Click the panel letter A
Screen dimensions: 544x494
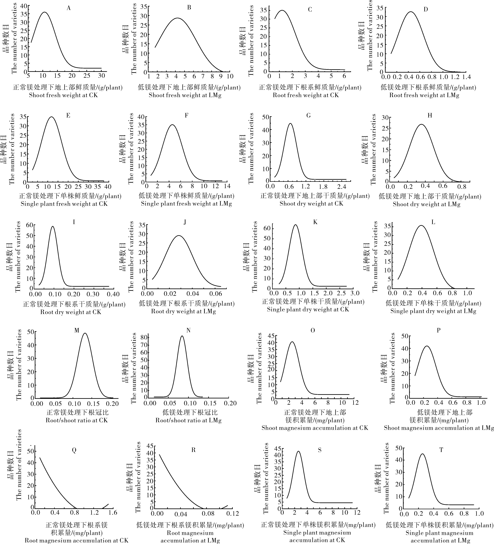pos(69,8)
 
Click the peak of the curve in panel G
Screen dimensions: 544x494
pos(290,124)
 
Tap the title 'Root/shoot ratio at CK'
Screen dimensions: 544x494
pos(77,420)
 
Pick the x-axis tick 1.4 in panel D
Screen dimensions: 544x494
pos(466,77)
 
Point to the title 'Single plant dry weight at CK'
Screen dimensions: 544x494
pos(308,309)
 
